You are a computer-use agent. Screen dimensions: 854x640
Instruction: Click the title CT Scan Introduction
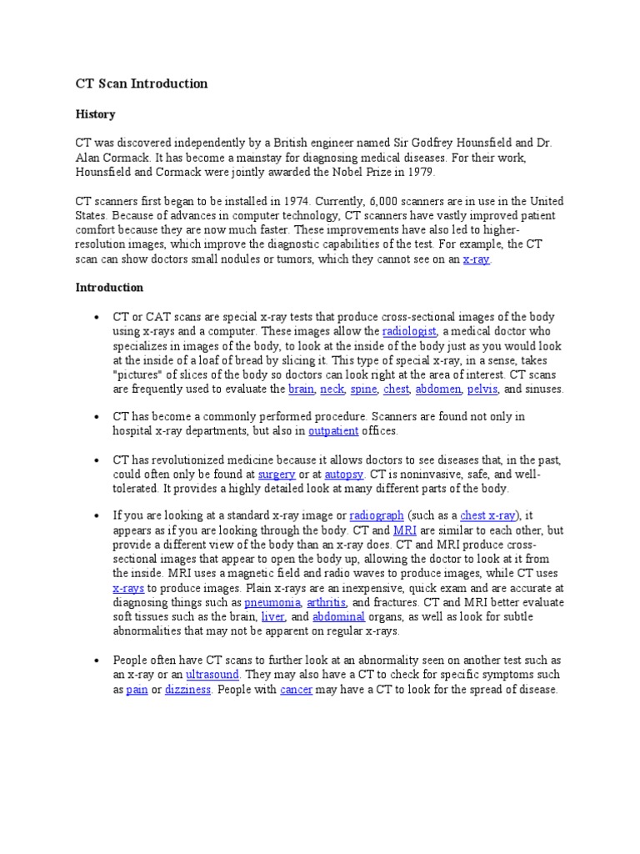pyautogui.click(x=141, y=83)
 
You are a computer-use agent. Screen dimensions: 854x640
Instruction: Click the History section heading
pyautogui.click(x=95, y=114)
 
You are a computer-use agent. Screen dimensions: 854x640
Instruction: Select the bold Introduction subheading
pyautogui.click(x=109, y=288)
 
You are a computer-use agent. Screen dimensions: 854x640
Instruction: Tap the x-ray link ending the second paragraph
pyautogui.click(x=476, y=259)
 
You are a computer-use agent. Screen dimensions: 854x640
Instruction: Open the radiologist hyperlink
pyautogui.click(x=409, y=332)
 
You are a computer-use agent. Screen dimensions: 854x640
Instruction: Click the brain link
pyautogui.click(x=301, y=389)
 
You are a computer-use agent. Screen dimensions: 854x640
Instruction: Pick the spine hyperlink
pyautogui.click(x=363, y=389)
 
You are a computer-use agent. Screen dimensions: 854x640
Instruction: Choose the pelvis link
pyautogui.click(x=482, y=389)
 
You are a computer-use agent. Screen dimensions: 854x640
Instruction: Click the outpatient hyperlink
pyautogui.click(x=333, y=431)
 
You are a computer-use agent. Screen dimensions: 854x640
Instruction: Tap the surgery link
pyautogui.click(x=277, y=474)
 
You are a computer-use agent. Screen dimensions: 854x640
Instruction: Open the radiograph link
pyautogui.click(x=377, y=515)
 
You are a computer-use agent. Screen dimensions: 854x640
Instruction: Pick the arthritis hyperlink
pyautogui.click(x=327, y=602)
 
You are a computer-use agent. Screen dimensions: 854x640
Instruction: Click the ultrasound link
pyautogui.click(x=212, y=674)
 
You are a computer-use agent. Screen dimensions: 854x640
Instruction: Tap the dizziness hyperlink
pyautogui.click(x=187, y=691)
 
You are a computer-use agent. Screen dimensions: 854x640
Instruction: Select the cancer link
pyautogui.click(x=297, y=691)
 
